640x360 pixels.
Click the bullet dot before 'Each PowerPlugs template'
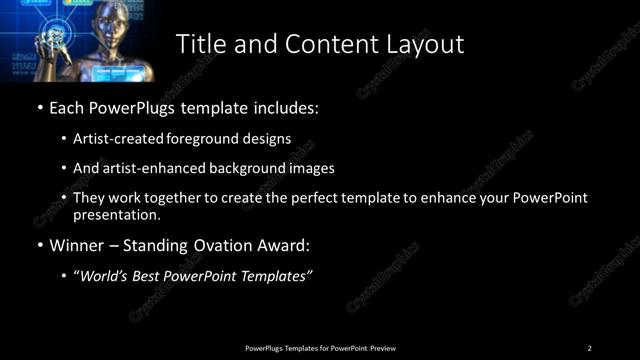tap(39, 107)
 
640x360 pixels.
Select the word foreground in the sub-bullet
tap(217, 138)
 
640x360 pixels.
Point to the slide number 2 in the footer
tap(589, 347)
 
